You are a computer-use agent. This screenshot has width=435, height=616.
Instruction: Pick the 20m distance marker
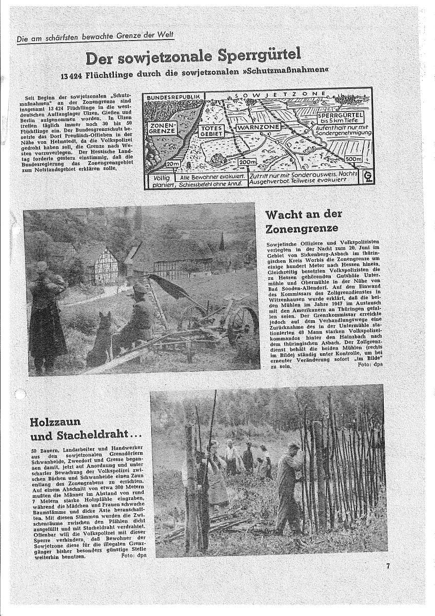(173, 163)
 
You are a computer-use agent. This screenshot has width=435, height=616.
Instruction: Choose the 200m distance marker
(247, 162)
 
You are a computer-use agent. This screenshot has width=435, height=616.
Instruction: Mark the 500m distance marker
(352, 160)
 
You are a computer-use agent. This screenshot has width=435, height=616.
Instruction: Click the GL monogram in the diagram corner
(366, 178)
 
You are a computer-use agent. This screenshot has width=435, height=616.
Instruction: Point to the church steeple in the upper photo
(221, 242)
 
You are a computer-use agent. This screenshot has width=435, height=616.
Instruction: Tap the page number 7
(388, 566)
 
